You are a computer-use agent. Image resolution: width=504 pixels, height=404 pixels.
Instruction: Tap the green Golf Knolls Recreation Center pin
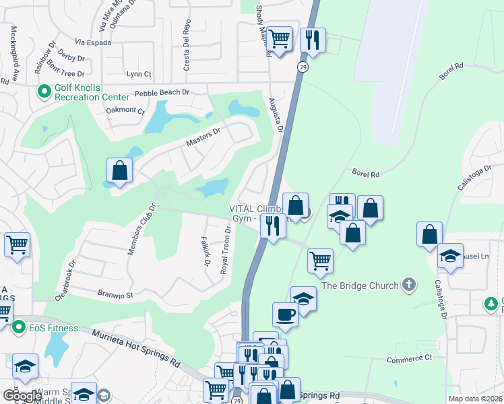click(44, 90)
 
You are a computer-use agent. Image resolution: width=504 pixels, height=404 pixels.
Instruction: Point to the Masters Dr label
click(203, 137)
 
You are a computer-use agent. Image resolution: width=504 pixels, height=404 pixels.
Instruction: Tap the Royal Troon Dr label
click(226, 250)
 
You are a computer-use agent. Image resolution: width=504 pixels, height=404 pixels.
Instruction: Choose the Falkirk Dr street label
click(206, 251)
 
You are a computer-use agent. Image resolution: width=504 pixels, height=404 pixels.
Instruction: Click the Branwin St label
click(116, 295)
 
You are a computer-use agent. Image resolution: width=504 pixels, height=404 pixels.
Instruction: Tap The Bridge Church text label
click(360, 285)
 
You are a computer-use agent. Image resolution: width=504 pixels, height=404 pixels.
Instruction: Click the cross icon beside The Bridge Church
click(408, 285)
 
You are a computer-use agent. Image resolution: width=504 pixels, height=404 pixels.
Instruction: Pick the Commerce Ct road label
click(409, 360)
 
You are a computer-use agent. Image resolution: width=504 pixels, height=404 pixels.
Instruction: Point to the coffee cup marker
click(285, 314)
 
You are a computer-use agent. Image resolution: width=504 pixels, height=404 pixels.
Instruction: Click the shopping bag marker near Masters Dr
click(119, 170)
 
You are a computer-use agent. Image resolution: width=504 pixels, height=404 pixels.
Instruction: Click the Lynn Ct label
click(139, 74)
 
